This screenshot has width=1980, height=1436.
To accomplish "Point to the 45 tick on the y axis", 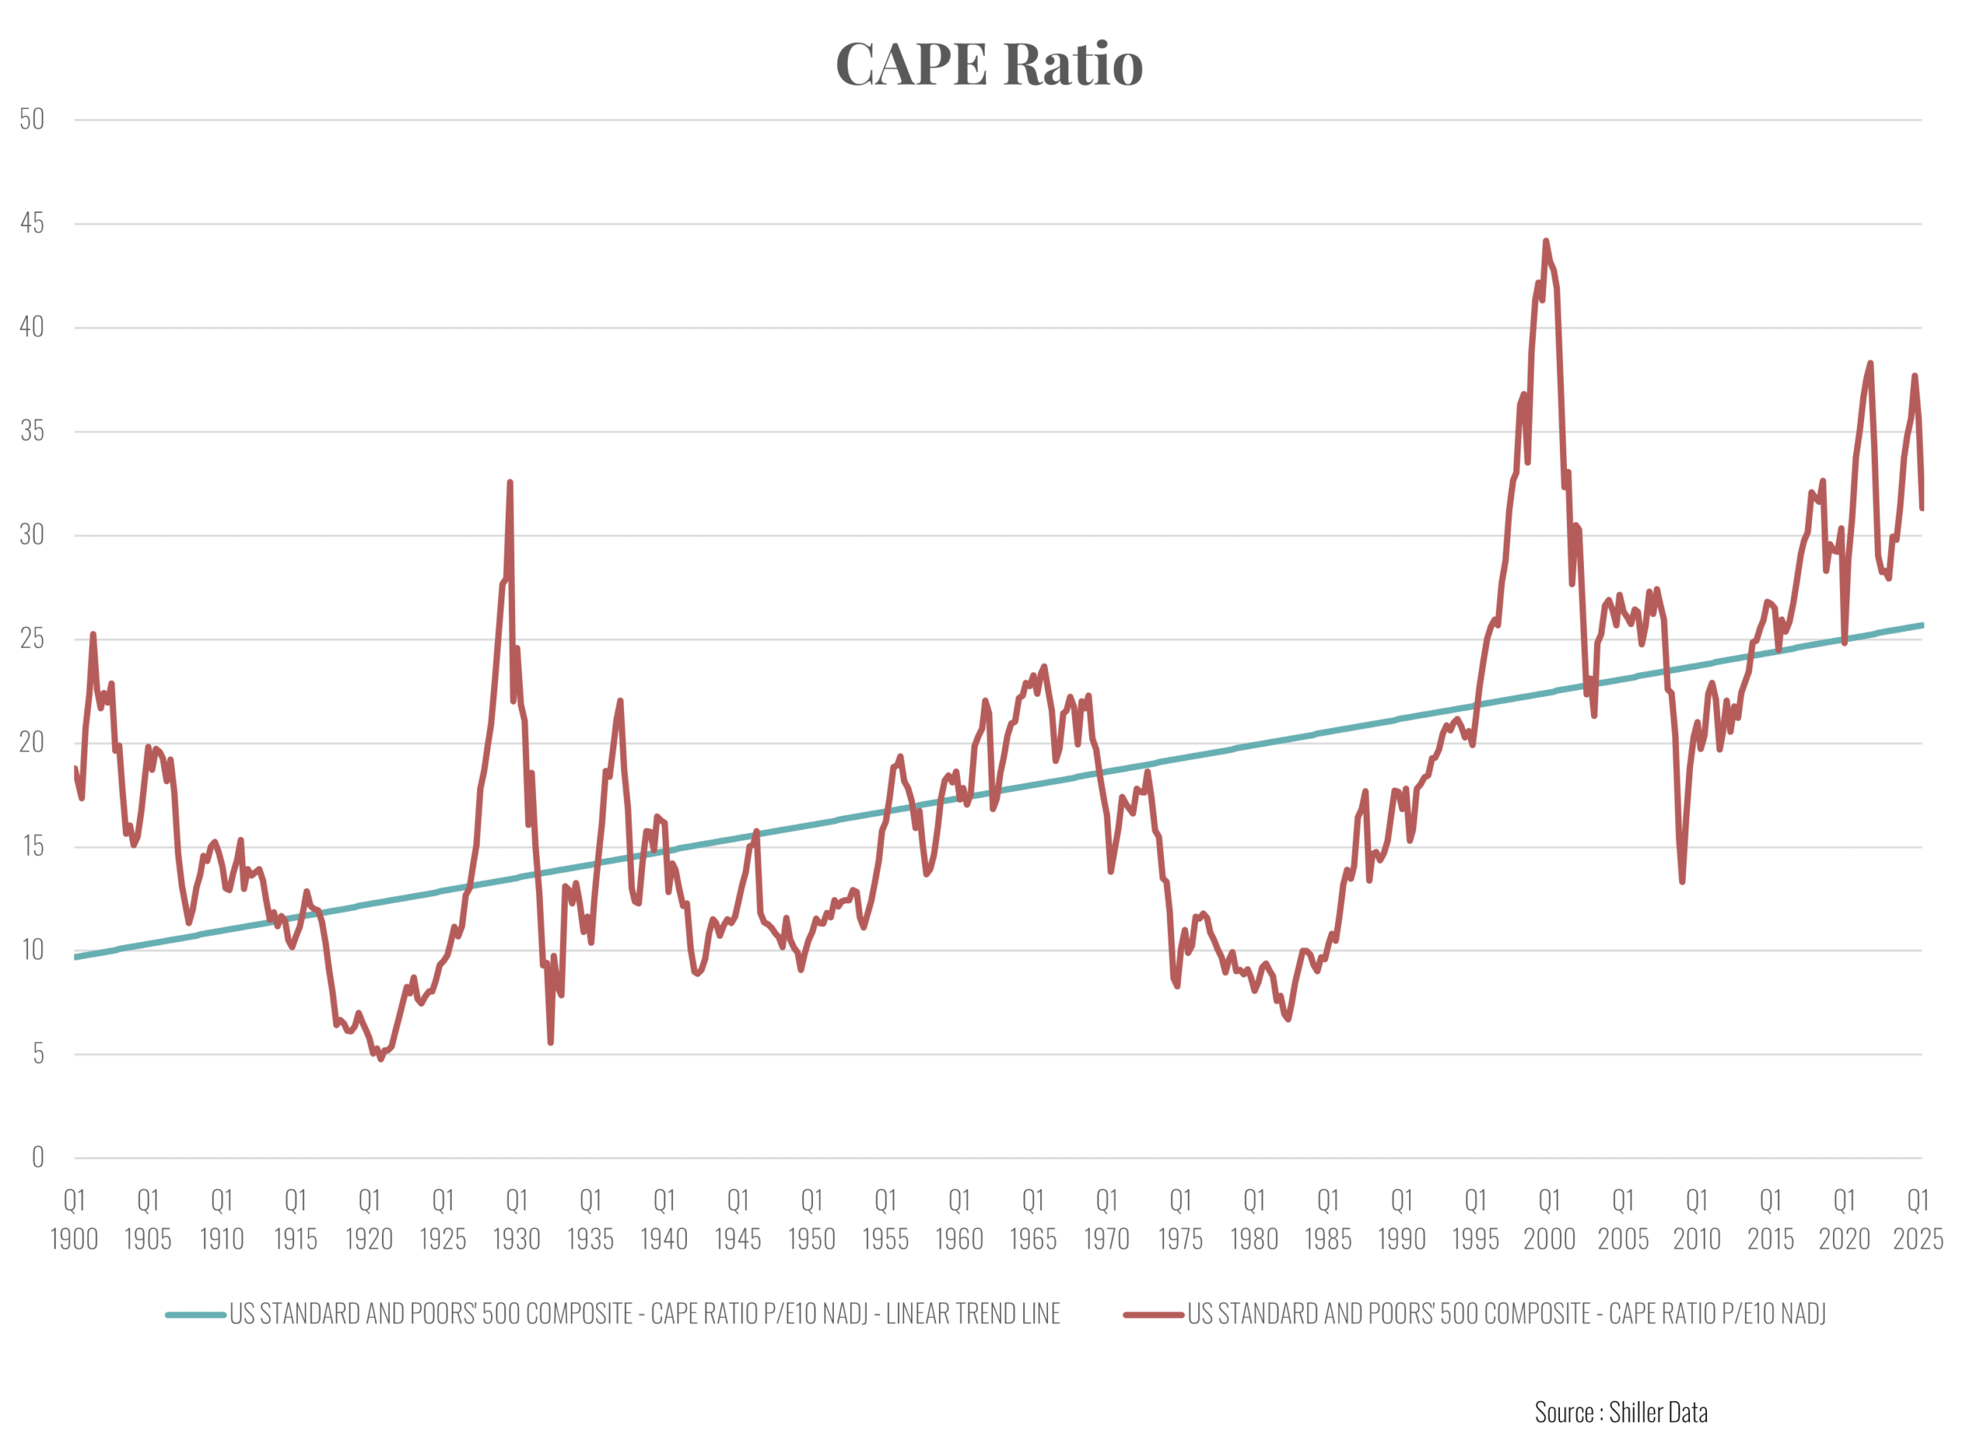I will click(x=32, y=223).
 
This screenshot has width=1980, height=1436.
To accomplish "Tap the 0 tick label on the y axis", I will click(x=38, y=1158).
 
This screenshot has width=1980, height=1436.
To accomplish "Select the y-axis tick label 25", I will click(x=32, y=639).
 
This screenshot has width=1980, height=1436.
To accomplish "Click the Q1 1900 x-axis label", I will click(x=74, y=1219).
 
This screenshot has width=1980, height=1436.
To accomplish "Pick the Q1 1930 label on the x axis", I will click(x=517, y=1219).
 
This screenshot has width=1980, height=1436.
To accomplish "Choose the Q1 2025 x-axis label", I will click(x=1918, y=1219).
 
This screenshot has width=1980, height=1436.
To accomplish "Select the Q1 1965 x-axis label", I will click(x=1033, y=1219).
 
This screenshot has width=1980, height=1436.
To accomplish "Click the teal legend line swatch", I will click(x=196, y=1315).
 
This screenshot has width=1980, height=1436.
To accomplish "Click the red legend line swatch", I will click(x=1153, y=1315).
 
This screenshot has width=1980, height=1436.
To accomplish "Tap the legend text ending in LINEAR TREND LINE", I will click(x=644, y=1315).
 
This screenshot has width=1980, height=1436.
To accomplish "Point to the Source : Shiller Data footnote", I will click(x=1621, y=1413).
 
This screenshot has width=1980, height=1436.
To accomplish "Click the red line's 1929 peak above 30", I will click(x=510, y=482).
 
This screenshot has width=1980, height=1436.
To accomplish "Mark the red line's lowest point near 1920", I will click(x=381, y=1059).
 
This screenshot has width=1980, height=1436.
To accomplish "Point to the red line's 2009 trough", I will click(x=1682, y=882).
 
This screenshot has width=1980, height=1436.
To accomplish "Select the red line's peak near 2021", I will click(x=1870, y=363).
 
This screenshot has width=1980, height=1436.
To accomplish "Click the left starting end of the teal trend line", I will click(x=76, y=957).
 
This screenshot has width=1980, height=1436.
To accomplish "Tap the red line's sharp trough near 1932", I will click(x=551, y=1042).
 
